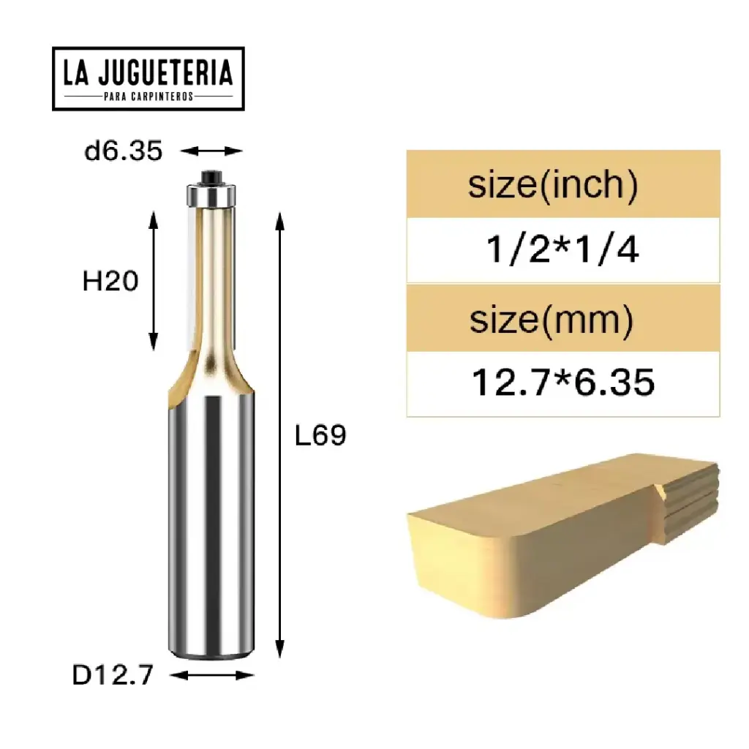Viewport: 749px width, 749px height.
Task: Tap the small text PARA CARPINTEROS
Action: tap(148, 97)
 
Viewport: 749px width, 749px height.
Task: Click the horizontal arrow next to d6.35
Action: tap(211, 151)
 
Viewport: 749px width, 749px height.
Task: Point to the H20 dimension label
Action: tap(110, 281)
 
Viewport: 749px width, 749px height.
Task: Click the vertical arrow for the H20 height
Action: tap(154, 281)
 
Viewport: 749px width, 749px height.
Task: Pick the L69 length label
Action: tap(320, 436)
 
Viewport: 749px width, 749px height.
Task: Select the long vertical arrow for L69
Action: tap(279, 436)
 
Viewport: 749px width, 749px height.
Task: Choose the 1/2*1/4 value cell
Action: tap(562, 250)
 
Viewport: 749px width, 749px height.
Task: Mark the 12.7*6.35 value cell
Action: tap(562, 383)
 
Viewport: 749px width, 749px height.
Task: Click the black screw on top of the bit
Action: tap(211, 176)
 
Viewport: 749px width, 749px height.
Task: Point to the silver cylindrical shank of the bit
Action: tap(211, 527)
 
